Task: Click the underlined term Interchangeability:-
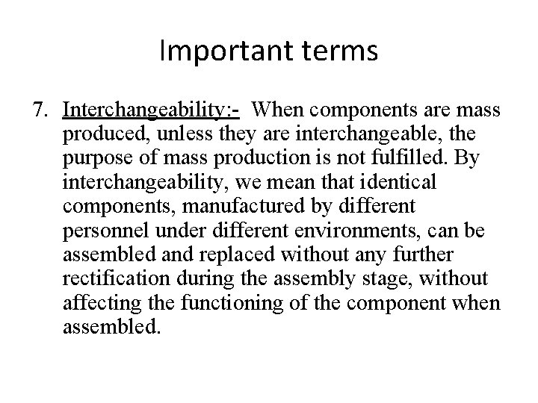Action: pos(152,111)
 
